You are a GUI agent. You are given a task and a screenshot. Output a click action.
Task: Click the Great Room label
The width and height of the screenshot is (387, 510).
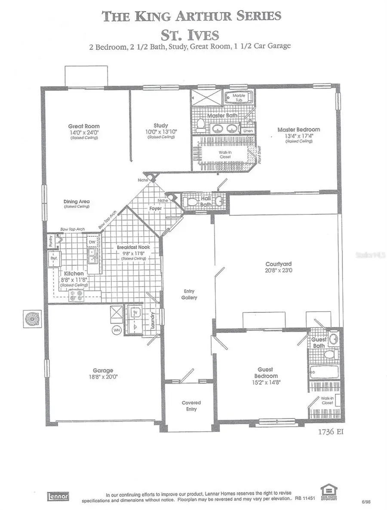84,126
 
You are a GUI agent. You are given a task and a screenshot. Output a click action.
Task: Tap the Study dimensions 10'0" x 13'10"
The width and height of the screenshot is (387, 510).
160,131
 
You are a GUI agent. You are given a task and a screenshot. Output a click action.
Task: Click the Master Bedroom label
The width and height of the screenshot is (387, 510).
298,129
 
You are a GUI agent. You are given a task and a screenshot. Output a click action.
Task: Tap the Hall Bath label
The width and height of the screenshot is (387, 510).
206,202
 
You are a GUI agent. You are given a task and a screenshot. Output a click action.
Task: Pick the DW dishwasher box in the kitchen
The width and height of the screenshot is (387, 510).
91,242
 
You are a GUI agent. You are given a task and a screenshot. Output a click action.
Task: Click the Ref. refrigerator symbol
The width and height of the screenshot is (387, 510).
55,260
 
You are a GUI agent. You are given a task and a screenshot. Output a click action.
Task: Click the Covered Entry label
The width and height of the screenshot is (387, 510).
191,406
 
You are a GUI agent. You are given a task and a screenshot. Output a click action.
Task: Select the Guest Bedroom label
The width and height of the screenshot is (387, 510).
265,372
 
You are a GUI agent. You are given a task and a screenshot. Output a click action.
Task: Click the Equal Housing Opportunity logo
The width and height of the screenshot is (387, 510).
328,492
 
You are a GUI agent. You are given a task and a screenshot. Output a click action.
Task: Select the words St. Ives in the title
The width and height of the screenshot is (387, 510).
191,34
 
